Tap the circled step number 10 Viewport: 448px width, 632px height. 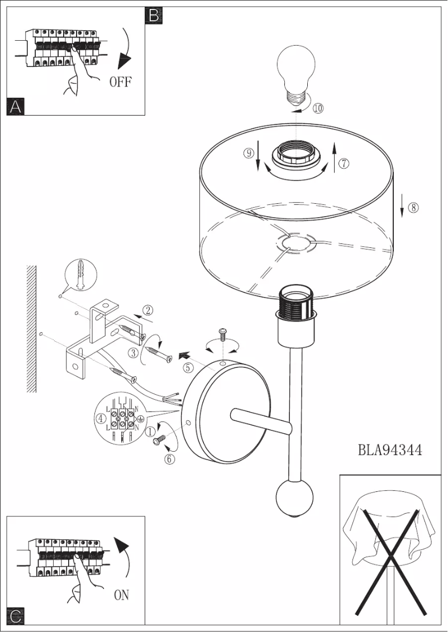(x=318, y=108)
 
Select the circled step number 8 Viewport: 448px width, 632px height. (x=413, y=207)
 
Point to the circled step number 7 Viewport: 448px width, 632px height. (x=344, y=163)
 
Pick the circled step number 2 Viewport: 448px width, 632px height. (x=148, y=310)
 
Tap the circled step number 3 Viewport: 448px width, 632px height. (x=133, y=352)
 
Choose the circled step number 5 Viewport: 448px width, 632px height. (x=189, y=367)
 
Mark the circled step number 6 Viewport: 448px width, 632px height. (x=169, y=459)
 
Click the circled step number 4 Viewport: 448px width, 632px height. (x=101, y=418)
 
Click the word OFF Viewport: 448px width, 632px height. (x=121, y=82)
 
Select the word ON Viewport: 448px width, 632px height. (x=121, y=595)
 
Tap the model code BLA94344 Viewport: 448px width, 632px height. (x=390, y=449)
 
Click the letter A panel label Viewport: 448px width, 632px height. (x=16, y=106)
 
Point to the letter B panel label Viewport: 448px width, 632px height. (x=153, y=15)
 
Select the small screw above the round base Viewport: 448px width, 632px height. (x=222, y=334)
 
